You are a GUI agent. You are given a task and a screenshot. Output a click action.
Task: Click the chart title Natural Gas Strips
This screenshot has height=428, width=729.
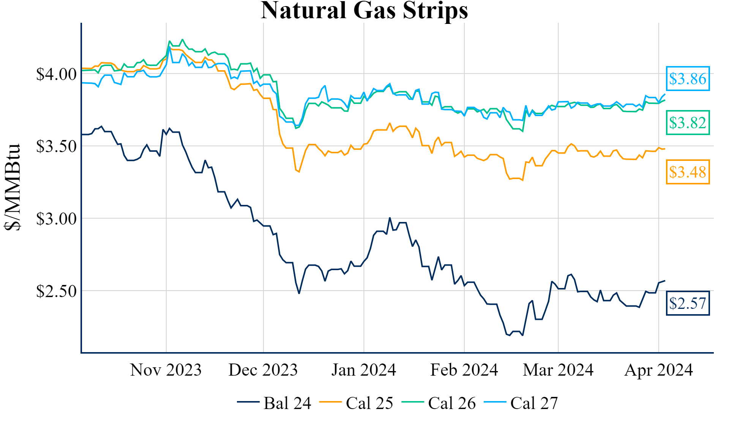point(364,10)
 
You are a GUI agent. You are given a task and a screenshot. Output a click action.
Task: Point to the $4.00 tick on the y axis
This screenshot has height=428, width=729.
point(56,74)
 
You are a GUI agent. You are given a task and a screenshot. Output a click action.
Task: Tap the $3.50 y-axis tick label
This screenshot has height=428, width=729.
point(56,146)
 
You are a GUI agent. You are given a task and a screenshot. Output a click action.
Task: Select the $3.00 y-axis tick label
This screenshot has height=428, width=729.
point(56,219)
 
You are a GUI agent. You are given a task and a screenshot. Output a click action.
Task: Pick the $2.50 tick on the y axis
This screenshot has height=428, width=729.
point(56,291)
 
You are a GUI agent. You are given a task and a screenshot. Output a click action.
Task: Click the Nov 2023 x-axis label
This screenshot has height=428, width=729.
point(166,370)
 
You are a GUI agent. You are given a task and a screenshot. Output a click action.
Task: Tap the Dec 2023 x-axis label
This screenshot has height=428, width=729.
point(263,370)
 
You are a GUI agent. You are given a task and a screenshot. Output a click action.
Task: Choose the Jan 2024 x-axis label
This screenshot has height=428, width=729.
point(364,370)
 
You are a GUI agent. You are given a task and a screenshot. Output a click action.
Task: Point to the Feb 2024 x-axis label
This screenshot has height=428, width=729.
point(464,370)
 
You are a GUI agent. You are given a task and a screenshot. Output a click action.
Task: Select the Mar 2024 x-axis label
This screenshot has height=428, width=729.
point(558,370)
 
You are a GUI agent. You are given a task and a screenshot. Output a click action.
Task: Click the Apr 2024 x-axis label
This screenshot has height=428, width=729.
point(658,370)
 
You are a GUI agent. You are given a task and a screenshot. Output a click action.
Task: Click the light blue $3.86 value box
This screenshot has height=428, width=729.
point(688,79)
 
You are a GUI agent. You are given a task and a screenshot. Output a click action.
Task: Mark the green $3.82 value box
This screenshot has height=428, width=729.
point(688,123)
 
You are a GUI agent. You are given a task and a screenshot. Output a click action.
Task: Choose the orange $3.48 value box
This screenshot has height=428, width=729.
point(688,172)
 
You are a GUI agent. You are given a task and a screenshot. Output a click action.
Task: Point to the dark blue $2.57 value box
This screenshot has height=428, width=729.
point(688,303)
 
